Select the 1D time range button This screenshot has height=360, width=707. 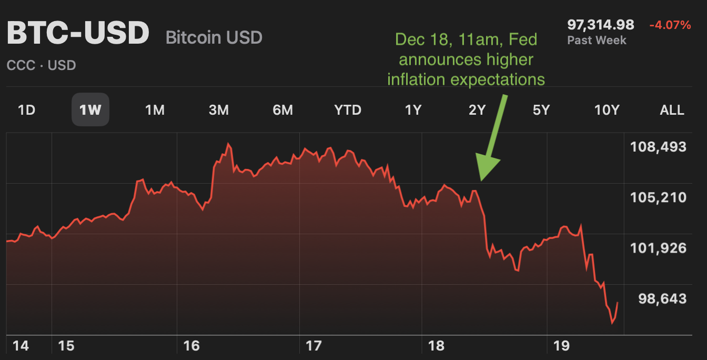pos(27,110)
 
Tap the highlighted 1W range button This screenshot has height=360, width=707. pos(90,110)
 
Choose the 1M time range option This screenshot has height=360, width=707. pos(155,110)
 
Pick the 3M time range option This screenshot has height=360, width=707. pos(218,110)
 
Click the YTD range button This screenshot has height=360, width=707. pos(348,110)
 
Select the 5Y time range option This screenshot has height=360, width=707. pos(541,110)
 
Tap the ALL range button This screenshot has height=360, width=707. pos(672,110)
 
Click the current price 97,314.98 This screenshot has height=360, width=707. pos(600,25)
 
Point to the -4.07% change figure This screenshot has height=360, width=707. pos(670,25)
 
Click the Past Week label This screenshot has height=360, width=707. pos(597,41)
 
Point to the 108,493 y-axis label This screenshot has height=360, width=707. pos(658,147)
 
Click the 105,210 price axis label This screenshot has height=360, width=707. pos(658,198)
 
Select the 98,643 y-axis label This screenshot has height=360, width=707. pos(662,299)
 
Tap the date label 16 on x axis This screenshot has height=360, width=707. pos(191,346)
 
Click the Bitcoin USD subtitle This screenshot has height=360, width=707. pos(214,38)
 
